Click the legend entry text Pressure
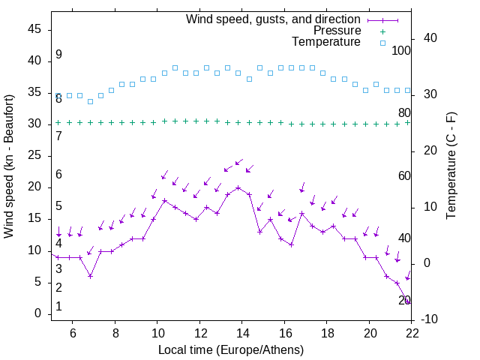tap(337, 31)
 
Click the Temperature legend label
tap(326, 42)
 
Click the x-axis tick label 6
tap(73, 333)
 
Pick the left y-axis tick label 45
tap(34, 28)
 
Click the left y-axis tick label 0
tap(38, 313)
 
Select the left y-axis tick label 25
tap(34, 155)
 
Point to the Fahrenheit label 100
tap(402, 51)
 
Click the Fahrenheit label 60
tap(405, 176)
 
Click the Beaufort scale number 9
tap(58, 55)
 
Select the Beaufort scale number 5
tap(58, 206)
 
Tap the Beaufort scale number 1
tap(58, 307)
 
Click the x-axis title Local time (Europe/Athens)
tap(231, 349)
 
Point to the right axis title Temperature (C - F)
tap(451, 166)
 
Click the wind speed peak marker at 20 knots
tap(238, 187)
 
